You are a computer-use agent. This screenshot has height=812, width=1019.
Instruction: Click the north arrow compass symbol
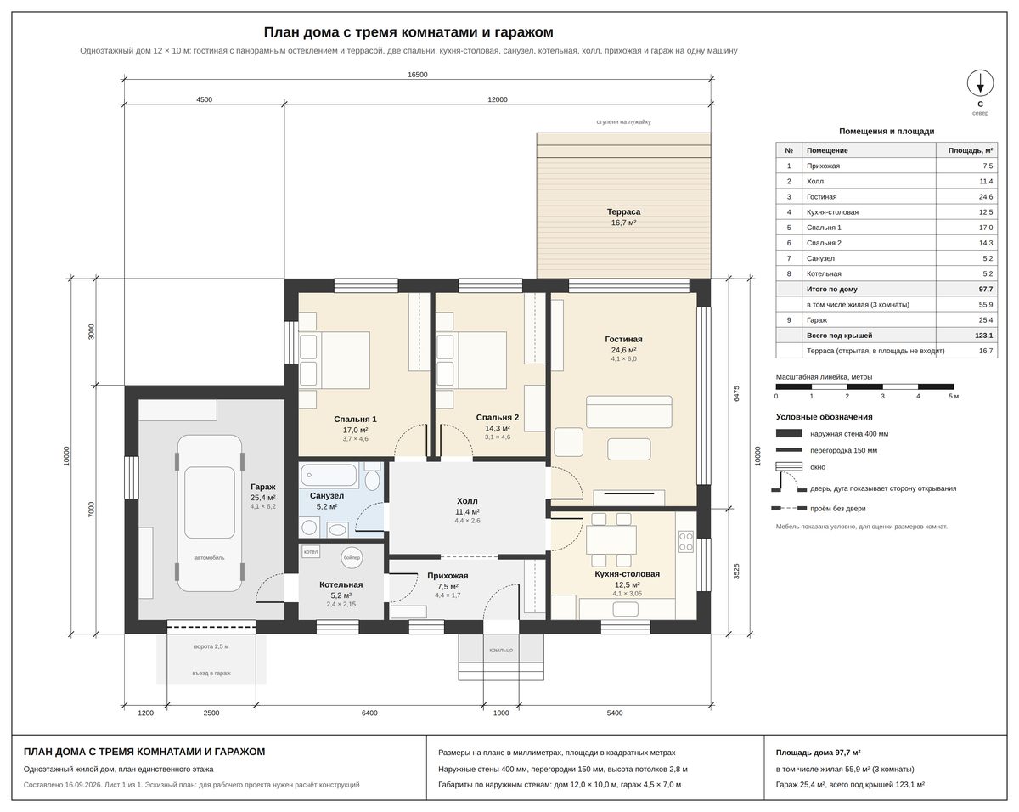click(x=980, y=83)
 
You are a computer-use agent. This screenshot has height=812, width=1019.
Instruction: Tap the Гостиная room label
click(x=623, y=339)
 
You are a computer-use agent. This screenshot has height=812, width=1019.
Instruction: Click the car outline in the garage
click(x=209, y=513)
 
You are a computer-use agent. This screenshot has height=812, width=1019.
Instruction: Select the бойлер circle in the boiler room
click(x=352, y=557)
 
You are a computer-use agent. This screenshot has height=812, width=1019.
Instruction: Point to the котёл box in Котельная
click(x=311, y=551)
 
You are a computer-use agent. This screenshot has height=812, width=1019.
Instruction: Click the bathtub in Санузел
click(x=329, y=475)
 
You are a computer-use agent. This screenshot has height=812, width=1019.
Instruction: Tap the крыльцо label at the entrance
click(x=501, y=650)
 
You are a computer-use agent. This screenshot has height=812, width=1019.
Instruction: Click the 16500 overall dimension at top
click(x=417, y=75)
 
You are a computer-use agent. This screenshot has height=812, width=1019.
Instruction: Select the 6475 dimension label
click(x=736, y=393)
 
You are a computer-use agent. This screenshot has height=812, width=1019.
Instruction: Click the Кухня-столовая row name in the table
click(x=832, y=212)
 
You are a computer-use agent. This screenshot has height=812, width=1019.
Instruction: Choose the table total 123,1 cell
click(x=983, y=336)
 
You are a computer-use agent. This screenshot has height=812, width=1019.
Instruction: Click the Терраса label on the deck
click(x=623, y=211)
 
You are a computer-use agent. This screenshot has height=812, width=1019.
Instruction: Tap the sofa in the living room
click(x=629, y=412)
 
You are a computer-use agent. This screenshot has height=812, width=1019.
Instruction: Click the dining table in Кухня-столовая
click(x=611, y=539)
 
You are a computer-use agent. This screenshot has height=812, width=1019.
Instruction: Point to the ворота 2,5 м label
click(x=211, y=646)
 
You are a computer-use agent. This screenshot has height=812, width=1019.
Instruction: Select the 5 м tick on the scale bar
click(x=953, y=396)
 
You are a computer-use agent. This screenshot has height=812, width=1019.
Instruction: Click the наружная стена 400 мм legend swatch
click(x=788, y=433)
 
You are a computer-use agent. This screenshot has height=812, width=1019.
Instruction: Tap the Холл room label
click(x=467, y=501)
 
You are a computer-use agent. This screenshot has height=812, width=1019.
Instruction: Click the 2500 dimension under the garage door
click(x=211, y=713)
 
